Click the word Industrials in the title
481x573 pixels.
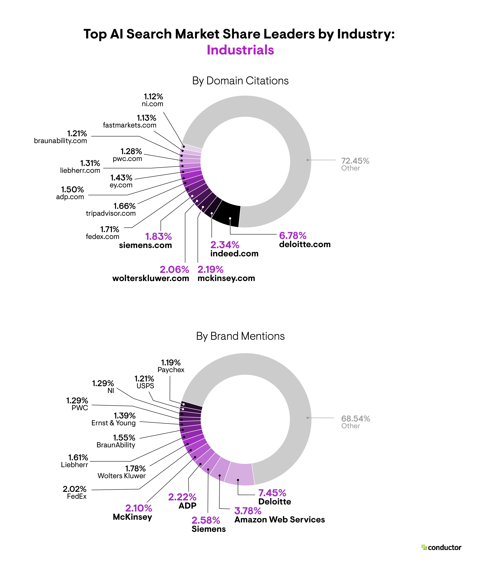pos(240,50)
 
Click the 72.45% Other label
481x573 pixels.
pos(355,164)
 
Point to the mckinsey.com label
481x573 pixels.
pos(226,278)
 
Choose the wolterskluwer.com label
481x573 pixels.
pos(151,278)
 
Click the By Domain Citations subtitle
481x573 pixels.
pos(240,81)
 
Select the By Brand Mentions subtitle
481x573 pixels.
pos(240,336)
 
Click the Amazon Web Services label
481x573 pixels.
pos(280,520)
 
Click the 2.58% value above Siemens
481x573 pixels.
pos(206,520)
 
